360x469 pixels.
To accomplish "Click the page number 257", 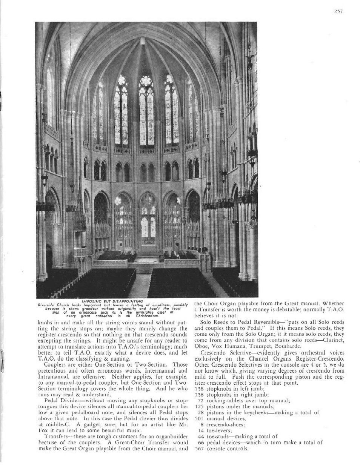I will click(338, 11).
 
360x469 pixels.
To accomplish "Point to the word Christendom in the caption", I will click(142, 315).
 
